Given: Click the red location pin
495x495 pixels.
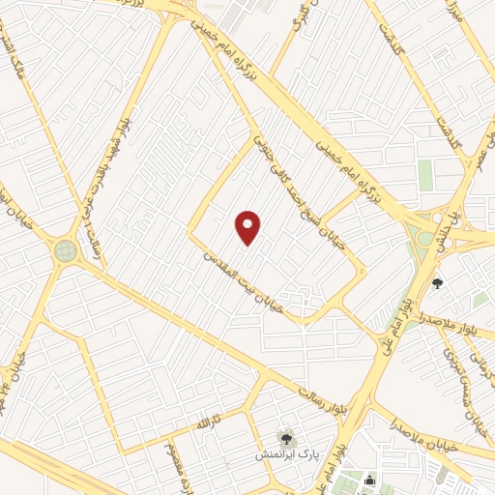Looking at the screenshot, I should (248, 227).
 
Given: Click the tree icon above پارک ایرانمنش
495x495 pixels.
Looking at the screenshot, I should (285, 438).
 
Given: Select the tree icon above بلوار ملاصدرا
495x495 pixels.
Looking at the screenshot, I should (438, 284).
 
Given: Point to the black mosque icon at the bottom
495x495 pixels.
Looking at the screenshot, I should (369, 480).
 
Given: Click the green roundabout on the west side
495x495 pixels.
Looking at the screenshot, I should (66, 251).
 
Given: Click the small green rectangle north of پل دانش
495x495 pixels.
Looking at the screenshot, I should (425, 175).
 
